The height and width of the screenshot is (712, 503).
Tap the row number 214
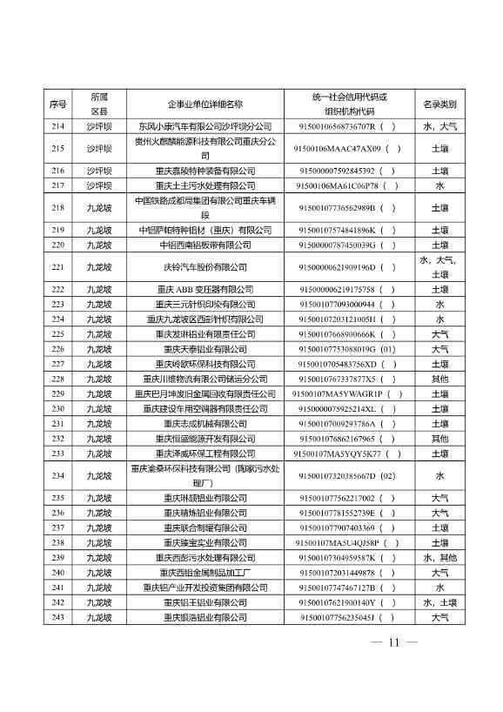(x=58, y=126)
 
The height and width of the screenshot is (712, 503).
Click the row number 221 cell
(x=58, y=267)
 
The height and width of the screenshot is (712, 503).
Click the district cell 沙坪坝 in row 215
(x=99, y=149)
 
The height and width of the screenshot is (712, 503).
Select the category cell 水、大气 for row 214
(x=439, y=126)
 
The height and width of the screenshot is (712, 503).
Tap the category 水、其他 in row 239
(x=439, y=557)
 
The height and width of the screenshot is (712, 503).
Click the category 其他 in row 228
(x=439, y=379)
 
